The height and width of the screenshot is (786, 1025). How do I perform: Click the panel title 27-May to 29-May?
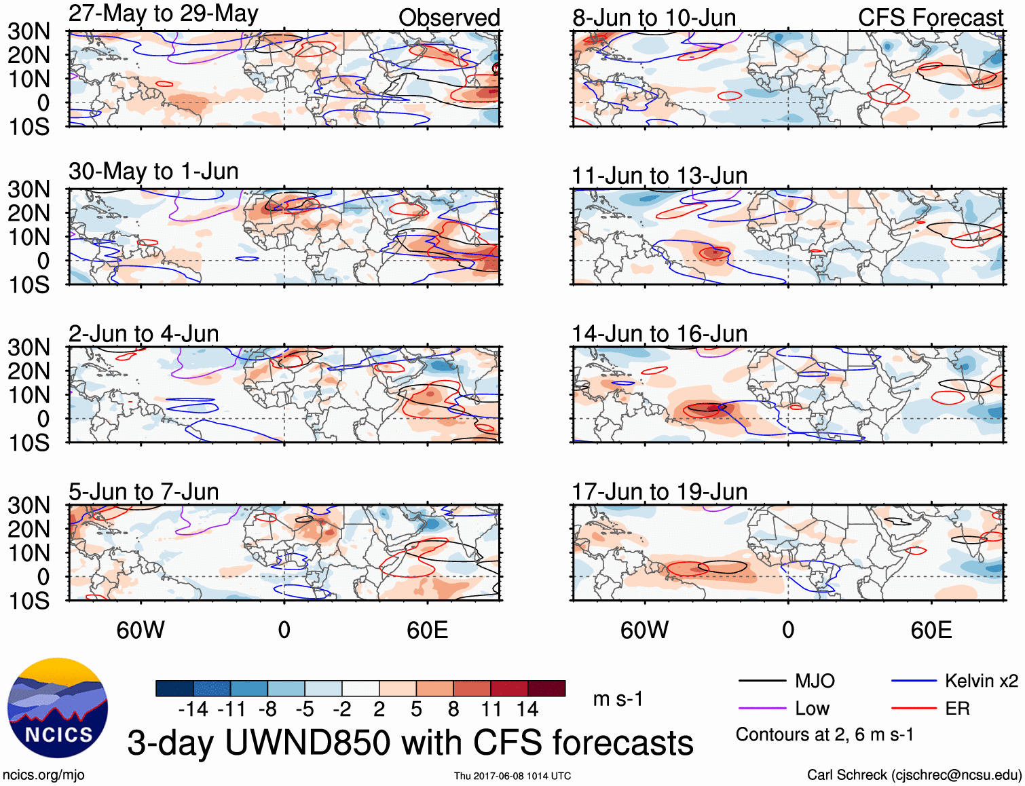click(164, 14)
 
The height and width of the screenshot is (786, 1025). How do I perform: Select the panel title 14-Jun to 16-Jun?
click(659, 334)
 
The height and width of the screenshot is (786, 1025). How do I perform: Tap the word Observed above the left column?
click(449, 18)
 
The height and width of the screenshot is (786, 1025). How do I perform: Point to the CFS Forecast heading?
click(930, 18)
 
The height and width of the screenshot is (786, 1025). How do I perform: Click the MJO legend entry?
click(815, 681)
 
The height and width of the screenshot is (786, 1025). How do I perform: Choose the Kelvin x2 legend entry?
click(981, 681)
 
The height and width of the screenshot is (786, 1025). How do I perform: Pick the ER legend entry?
click(957, 709)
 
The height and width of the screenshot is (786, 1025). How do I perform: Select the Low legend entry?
click(812, 709)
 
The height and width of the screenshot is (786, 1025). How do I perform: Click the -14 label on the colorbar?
click(193, 709)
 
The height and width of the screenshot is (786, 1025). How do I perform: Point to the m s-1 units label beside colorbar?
click(618, 699)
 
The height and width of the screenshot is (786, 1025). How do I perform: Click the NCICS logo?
click(58, 708)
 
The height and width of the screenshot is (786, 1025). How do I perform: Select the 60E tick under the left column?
click(427, 630)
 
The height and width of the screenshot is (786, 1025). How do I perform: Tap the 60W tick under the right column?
click(644, 630)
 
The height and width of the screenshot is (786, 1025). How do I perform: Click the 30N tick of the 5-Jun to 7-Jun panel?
click(29, 505)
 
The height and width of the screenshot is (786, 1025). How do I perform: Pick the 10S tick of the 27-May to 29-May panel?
click(29, 127)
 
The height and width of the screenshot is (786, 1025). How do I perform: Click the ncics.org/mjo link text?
click(43, 775)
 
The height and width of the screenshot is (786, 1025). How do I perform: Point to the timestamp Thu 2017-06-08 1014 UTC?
click(512, 776)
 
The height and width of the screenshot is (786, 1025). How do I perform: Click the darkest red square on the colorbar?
click(546, 688)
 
